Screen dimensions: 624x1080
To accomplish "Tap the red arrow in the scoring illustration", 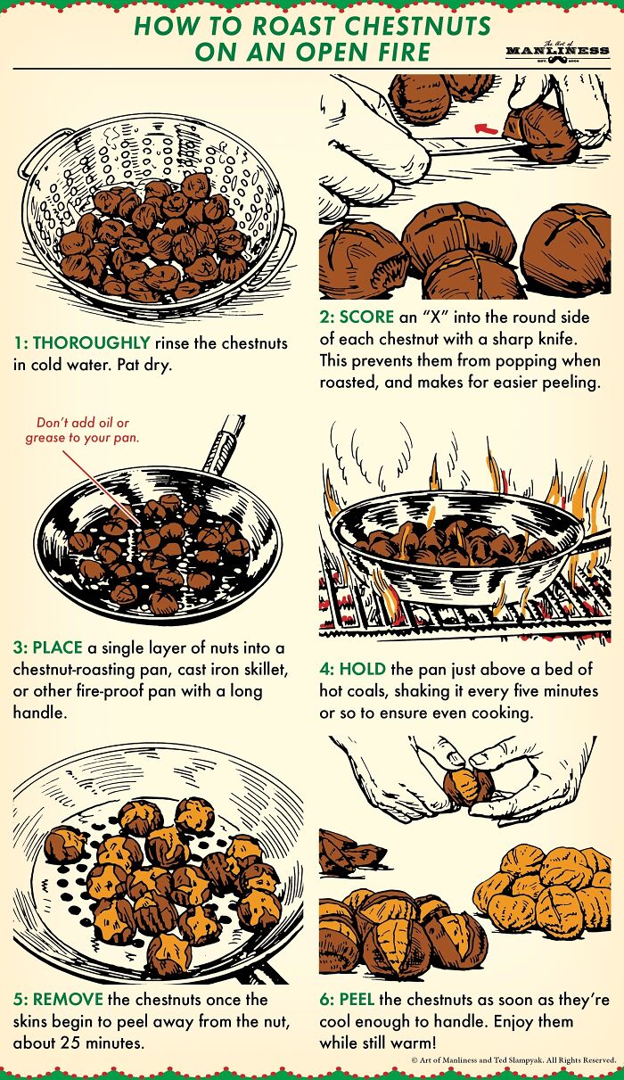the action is click(487, 128).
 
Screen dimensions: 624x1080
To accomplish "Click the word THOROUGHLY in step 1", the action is click(92, 342).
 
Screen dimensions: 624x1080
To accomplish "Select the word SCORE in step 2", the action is click(366, 317).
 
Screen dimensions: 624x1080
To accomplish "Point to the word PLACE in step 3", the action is click(57, 647).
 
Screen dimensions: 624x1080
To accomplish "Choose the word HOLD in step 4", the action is click(362, 669).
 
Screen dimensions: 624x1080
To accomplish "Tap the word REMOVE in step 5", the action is click(68, 999).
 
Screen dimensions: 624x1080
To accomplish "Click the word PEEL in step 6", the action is click(357, 999).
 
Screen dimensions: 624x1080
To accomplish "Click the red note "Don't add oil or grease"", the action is click(82, 430).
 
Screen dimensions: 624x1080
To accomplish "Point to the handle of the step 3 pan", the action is click(224, 444).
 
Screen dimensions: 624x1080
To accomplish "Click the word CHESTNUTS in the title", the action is click(419, 27).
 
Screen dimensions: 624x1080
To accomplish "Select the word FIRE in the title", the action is click(405, 52).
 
